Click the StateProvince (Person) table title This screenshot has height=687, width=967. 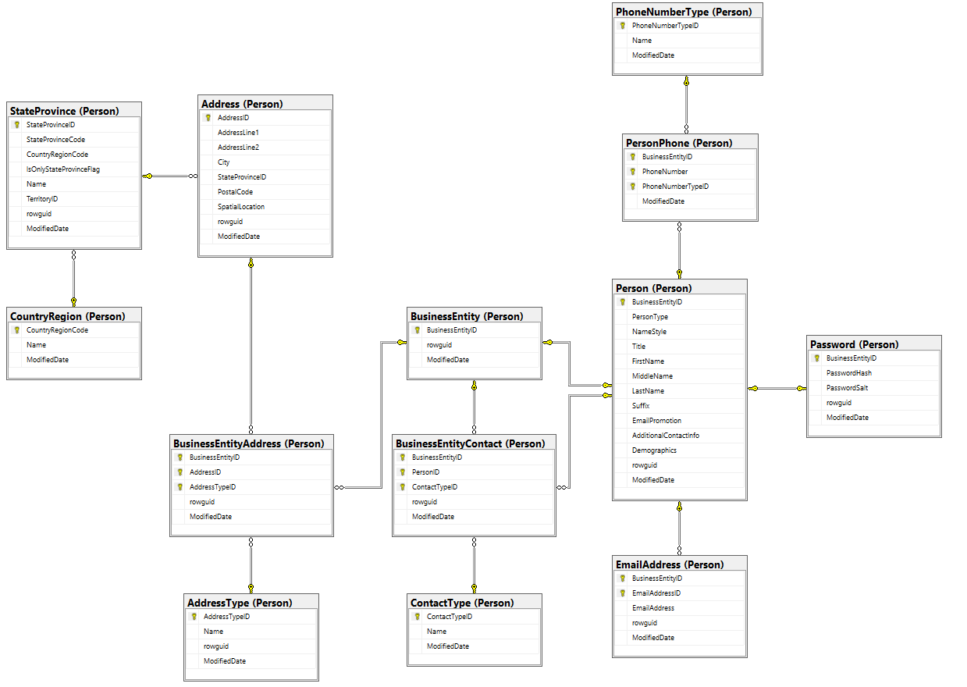65,111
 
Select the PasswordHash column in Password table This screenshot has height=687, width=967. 849,373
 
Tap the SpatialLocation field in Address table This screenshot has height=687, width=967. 241,207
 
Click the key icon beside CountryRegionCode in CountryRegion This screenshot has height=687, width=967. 17,330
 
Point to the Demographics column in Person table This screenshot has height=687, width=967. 654,450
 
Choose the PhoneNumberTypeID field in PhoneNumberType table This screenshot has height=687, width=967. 665,26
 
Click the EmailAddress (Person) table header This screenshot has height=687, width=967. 670,564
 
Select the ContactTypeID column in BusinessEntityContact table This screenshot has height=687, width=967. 435,487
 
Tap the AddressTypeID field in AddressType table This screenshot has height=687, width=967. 226,617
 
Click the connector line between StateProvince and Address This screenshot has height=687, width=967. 170,176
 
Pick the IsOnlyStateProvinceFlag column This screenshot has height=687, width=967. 63,169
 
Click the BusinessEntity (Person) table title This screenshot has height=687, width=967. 467,316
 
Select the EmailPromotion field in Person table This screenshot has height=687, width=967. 656,421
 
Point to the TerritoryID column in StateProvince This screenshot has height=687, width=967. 42,199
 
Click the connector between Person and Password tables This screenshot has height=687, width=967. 777,388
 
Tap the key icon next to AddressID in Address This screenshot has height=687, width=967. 208,118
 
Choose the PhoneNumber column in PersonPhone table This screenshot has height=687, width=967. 665,172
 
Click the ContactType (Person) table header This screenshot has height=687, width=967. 462,603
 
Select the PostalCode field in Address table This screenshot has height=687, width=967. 235,192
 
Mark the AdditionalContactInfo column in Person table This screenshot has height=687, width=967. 665,436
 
